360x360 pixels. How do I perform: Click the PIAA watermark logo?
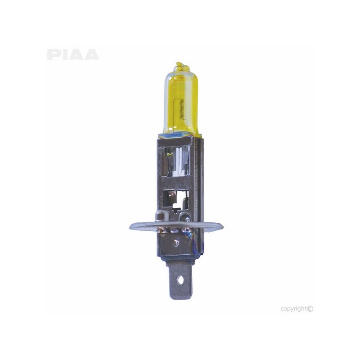(72, 54)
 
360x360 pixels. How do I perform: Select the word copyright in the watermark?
(294, 309)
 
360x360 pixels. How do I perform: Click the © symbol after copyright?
(310, 309)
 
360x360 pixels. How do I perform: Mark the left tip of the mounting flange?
(131, 227)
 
